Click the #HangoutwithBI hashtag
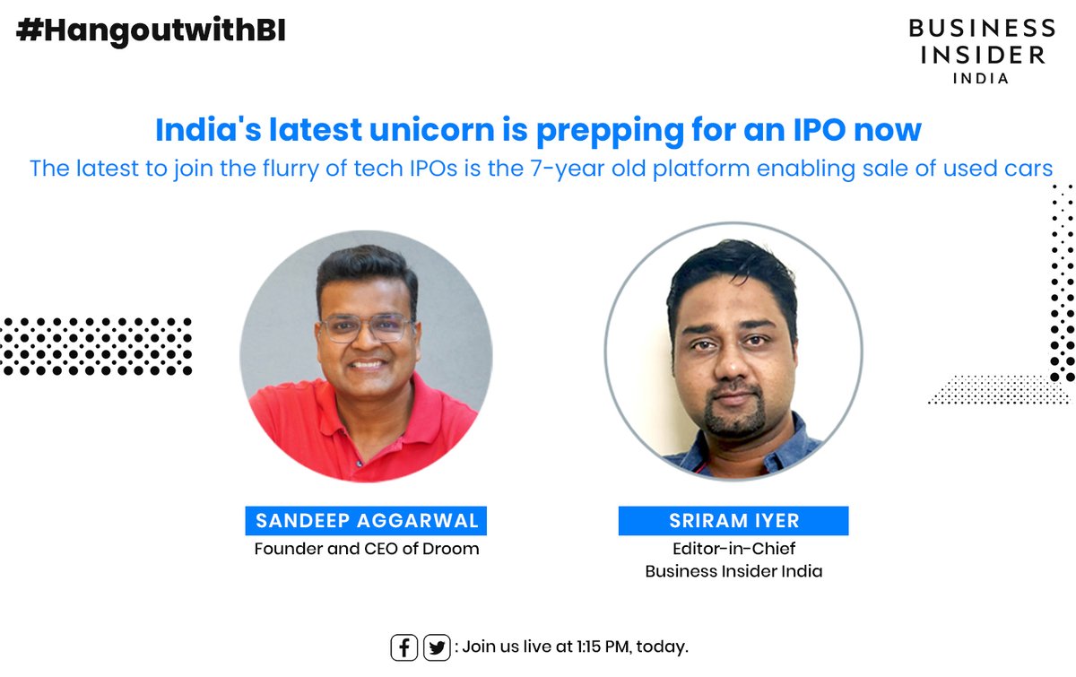(151, 30)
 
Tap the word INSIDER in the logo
(977, 54)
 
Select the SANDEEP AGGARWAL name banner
(366, 520)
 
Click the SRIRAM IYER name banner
(733, 521)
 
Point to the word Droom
(453, 548)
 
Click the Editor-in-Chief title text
(733, 548)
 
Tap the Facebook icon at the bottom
(404, 647)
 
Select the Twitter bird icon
(437, 647)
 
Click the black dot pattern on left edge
(94, 345)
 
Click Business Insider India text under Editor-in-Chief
(733, 571)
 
